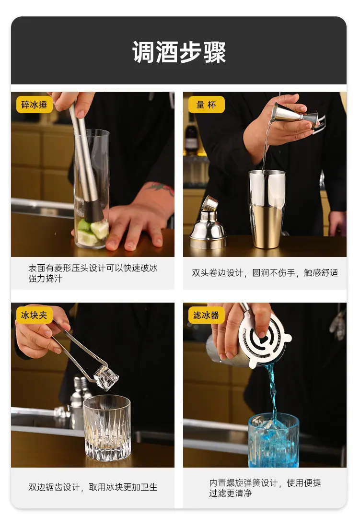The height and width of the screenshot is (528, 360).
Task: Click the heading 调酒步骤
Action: click(179, 52)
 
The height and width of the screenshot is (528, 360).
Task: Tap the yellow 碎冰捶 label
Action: click(35, 105)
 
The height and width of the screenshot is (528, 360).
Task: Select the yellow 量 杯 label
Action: click(206, 105)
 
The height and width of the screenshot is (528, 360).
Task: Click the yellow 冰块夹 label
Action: click(35, 315)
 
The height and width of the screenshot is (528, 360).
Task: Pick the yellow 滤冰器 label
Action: click(206, 315)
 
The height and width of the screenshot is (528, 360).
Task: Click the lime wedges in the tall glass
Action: click(90, 231)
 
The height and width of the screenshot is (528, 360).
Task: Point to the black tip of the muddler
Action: click(93, 211)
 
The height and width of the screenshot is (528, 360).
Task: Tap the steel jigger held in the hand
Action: click(295, 115)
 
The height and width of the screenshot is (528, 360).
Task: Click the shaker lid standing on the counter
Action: click(208, 223)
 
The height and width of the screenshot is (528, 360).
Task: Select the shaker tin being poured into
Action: click(267, 209)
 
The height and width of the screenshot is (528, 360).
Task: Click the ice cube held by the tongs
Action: click(106, 378)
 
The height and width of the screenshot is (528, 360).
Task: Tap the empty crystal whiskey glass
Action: click(106, 428)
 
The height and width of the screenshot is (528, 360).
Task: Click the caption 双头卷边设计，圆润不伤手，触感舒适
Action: click(265, 273)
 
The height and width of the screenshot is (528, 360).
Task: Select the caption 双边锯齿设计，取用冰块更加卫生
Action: click(93, 487)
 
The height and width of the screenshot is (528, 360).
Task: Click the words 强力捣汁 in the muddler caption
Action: click(46, 279)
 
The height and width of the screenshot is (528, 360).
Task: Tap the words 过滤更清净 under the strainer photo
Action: click(231, 493)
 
